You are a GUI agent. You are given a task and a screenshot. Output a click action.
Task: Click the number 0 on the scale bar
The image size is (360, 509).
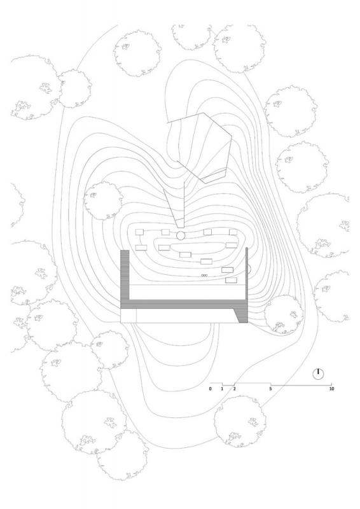coord(211,389)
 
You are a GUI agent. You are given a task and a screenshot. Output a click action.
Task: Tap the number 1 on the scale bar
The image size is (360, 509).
coord(223,389)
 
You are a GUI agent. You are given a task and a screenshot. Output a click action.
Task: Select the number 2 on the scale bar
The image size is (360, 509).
coord(234,389)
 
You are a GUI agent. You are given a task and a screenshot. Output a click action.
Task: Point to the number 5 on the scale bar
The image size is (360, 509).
coord(270,389)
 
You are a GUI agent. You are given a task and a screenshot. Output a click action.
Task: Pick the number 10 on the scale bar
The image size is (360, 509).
coord(331,389)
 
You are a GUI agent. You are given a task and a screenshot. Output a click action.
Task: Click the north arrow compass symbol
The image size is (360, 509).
coord(318,374)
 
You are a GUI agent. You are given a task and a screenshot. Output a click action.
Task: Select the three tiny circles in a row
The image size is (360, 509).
coord(204,275)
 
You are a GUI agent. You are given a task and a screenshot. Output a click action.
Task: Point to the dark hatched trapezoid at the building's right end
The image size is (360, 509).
coord(242,315)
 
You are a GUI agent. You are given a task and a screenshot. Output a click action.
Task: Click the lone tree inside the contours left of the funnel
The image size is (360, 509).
coord(103,200)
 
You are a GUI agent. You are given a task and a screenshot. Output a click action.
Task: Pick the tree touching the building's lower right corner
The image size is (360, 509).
coord(284,314)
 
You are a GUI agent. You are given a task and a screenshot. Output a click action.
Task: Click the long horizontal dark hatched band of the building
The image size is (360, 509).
coord(184,304)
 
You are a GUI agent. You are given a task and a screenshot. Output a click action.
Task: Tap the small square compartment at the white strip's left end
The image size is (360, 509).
coord(128,316)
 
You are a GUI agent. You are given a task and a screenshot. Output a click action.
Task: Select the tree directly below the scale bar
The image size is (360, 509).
coord(240,421)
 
